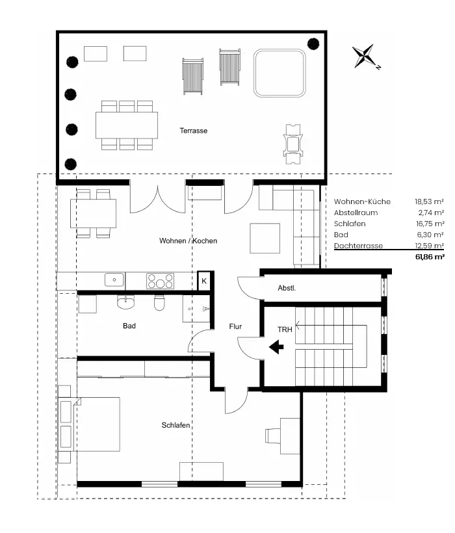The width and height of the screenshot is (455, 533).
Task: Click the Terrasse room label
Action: pos(193,131)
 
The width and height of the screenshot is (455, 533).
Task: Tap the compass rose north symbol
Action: pos(365,56)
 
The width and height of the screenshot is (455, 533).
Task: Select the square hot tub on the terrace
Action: pos(279,73)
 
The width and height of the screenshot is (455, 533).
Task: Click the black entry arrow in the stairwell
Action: pos(277,347)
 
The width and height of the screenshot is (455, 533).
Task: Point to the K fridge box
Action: pos(204,281)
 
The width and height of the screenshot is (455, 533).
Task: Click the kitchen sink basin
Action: pos(114,280)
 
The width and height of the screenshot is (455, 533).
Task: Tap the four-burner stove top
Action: pos(160,281)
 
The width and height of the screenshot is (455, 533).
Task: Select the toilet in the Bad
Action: pos(159,302)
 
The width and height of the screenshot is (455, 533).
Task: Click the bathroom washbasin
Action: pos(125,302)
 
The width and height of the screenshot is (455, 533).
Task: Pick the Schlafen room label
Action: pos(175,425)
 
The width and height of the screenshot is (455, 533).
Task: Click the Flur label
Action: pos(235,327)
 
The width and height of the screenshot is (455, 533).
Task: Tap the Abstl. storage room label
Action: pos(287,288)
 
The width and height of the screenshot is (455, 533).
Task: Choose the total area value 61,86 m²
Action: pos(430,257)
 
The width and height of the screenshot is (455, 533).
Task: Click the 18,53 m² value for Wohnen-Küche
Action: pos(429,201)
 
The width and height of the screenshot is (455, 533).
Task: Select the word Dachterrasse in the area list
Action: pos(359,246)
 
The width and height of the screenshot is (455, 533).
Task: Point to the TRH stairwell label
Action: pos(285,330)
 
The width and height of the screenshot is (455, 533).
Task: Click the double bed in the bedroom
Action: pos(99,424)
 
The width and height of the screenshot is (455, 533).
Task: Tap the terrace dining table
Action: pos(127,125)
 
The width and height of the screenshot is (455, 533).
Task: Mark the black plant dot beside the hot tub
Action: pos(313,44)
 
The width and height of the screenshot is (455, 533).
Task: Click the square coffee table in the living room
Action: pos(265,239)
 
